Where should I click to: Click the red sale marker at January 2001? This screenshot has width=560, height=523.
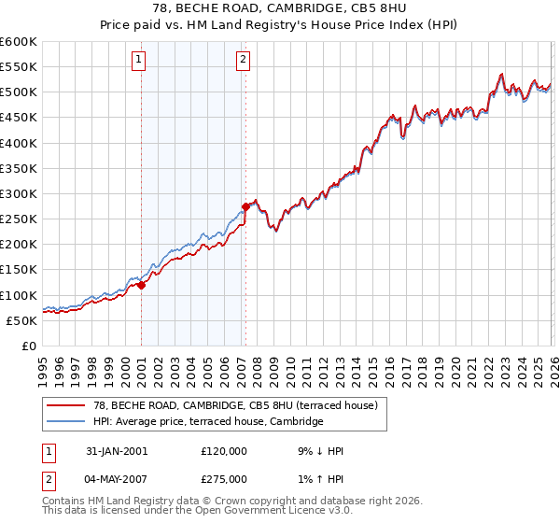[142, 286]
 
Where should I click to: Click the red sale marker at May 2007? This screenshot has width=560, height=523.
[245, 206]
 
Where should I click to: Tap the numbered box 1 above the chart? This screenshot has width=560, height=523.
[138, 61]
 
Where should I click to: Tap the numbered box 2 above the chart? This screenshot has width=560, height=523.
[243, 61]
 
